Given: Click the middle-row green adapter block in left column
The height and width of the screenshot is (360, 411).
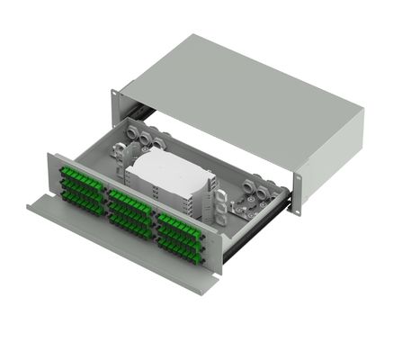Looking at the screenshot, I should click(79, 187).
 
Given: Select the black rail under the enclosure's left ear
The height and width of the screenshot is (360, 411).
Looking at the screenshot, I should click(135, 112).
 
